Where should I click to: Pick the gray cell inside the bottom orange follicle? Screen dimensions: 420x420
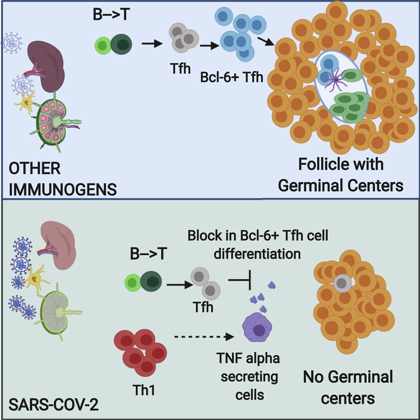[x=341, y=285]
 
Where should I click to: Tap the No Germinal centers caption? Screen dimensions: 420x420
[x=348, y=387]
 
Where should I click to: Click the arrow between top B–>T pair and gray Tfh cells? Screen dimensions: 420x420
[x=151, y=43]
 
